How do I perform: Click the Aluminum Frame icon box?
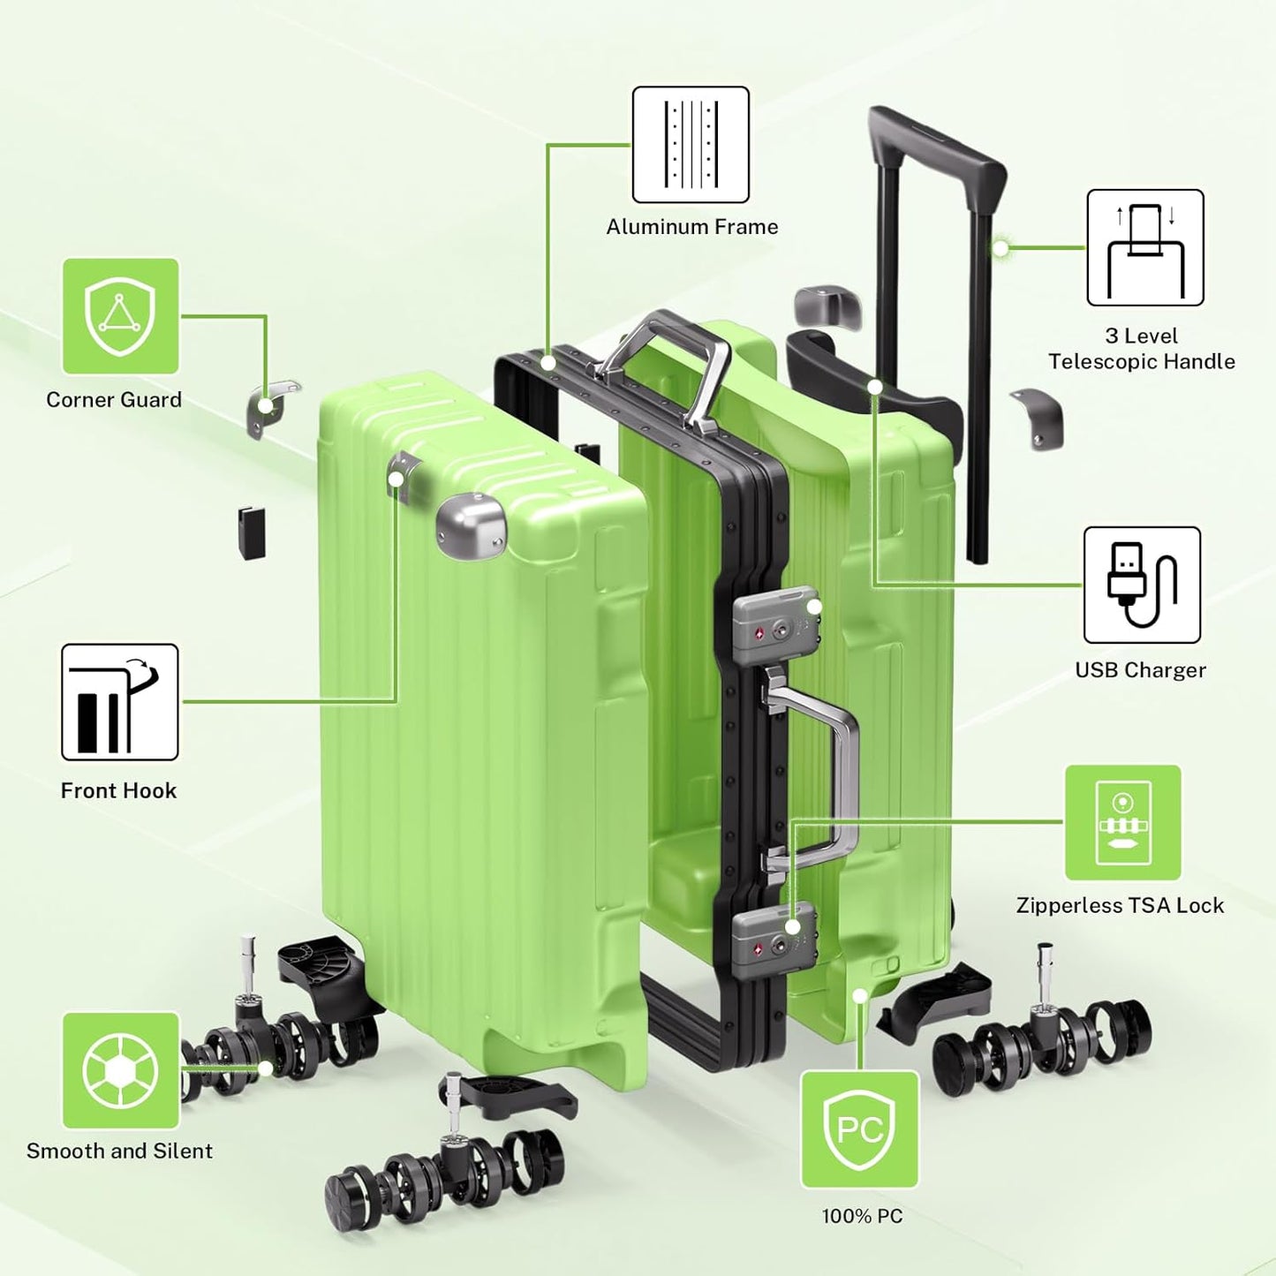[691, 145]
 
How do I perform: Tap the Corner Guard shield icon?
[120, 316]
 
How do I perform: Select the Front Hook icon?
[119, 702]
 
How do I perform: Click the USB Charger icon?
[1142, 585]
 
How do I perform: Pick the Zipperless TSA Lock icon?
[1122, 822]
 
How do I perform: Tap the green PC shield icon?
[859, 1129]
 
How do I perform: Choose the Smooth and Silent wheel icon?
[120, 1070]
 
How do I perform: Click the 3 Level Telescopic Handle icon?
[1144, 247]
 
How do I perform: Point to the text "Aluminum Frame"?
[692, 227]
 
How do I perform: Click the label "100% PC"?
[862, 1216]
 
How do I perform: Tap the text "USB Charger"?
[1140, 670]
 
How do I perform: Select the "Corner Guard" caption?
[114, 400]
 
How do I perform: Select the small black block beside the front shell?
[251, 532]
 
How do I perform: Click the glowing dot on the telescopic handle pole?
[1000, 248]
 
